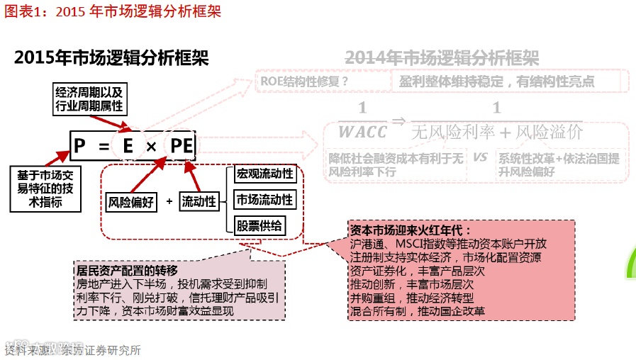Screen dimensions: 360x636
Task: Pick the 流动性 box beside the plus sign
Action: tap(199, 202)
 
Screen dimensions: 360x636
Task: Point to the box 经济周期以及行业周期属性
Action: tap(90, 100)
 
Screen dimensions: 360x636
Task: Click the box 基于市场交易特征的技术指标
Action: tap(40, 188)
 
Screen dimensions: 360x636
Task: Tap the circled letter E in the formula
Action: tap(128, 147)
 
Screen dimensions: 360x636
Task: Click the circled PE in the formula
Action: tap(182, 147)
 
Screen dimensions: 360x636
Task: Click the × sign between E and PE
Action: tap(151, 147)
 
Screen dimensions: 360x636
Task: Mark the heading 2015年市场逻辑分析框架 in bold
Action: tap(111, 58)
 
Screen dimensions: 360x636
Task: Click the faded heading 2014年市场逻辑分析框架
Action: tap(442, 58)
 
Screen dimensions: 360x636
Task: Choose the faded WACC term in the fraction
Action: tap(362, 132)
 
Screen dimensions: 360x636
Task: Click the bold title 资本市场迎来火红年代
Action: tap(411, 231)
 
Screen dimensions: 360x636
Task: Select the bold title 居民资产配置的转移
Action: tap(127, 271)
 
